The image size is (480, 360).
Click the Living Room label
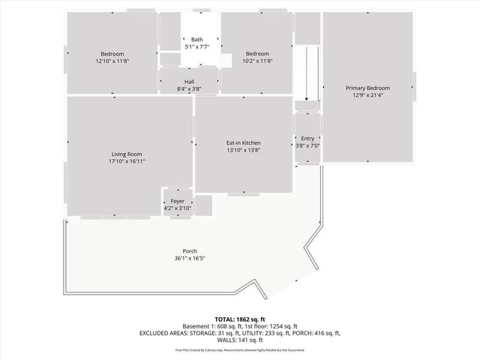pos(125,154)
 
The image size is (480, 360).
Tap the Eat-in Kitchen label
pos(243,142)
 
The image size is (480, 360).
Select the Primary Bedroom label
pos(367,88)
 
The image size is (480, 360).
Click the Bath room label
pos(196,40)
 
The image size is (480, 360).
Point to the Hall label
pos(190,82)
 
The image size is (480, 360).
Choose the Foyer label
pos(178,201)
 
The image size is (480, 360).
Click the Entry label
pos(307,138)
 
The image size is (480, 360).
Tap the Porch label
pos(190,250)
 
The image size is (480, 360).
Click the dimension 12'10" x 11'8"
pos(112,61)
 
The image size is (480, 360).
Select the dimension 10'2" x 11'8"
pos(257,61)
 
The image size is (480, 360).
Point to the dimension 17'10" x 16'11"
pos(125,161)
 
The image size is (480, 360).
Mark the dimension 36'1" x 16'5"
pos(190,258)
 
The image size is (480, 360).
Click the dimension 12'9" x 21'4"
pos(367,95)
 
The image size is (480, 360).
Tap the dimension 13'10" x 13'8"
pos(243,150)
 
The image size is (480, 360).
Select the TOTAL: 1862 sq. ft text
pos(239,319)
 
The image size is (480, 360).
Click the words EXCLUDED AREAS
pos(161,332)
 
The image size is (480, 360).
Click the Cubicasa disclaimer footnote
pos(239,349)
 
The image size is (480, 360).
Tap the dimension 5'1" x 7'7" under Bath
pos(196,46)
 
